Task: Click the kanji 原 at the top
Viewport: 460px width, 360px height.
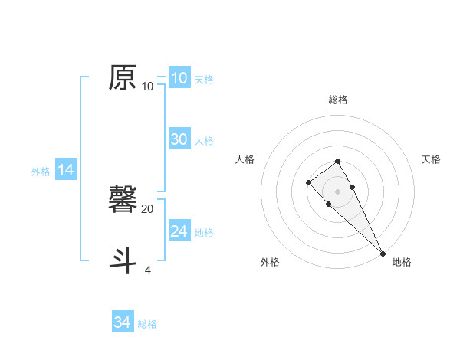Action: pos(123,78)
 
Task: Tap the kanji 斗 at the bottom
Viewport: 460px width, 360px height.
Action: pos(123,259)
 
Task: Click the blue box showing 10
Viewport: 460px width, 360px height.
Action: pos(179,78)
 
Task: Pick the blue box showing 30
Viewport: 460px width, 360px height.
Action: pos(179,139)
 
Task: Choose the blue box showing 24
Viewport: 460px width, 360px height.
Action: pos(179,231)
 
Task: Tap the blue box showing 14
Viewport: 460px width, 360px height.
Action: pos(66,170)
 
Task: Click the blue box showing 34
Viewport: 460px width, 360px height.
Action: pos(122,322)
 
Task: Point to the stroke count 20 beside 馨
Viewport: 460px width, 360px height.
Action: pos(148,208)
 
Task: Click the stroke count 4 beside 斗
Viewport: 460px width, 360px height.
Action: pos(148,270)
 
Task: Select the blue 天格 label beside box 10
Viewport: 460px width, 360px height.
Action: pos(204,80)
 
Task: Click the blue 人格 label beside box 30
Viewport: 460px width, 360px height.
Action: pos(204,141)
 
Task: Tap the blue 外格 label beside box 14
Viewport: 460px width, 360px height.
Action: pos(41,172)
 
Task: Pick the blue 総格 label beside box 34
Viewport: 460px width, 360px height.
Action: pos(147,324)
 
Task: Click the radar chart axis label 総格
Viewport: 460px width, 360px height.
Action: pos(338,100)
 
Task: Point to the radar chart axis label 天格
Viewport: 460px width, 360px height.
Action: pos(432,159)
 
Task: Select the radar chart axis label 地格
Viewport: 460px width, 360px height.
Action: pos(402,262)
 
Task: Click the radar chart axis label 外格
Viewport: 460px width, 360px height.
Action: pos(270,262)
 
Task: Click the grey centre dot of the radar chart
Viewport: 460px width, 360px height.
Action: pos(338,191)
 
